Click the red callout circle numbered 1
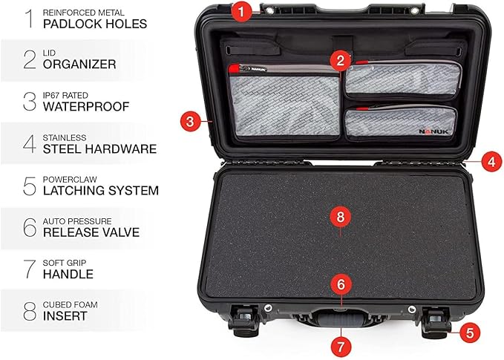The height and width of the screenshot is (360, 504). coord(241,12)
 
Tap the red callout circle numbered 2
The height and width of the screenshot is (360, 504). coord(340,60)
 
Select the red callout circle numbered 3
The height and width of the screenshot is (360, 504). coord(190,122)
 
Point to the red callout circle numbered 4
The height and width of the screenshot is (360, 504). coord(492,162)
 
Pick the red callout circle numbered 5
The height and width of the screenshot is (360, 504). coord(470,333)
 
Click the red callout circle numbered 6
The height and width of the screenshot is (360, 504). coord(341,284)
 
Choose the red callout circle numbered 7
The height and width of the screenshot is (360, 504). coord(341,347)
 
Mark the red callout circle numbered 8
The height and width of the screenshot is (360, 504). coord(341,217)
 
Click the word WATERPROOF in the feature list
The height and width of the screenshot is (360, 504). coord(86,107)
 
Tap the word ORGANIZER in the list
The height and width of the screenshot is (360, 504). coord(79,65)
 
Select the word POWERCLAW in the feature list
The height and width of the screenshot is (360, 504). coord(70,180)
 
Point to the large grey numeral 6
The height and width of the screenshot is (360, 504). coord(30,227)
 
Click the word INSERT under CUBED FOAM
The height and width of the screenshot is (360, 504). coord(65,316)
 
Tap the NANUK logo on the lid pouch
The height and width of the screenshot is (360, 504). coord(433,131)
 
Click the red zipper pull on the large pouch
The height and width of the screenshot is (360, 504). coord(235,68)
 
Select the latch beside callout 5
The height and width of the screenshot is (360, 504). coord(436,322)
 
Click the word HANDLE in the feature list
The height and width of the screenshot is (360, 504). coord(68,274)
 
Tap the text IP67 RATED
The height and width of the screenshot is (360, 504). coord(65,96)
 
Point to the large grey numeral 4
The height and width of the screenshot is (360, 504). coord(30,144)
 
